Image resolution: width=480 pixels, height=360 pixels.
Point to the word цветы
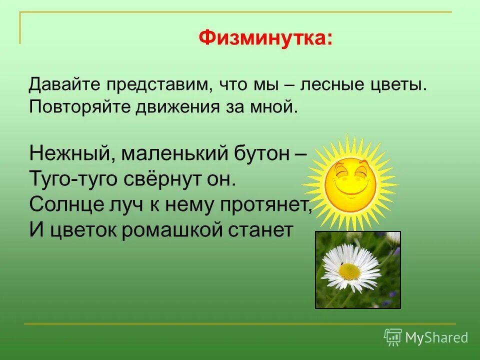click(x=403, y=84)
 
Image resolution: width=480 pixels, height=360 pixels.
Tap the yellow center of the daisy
click(x=349, y=271)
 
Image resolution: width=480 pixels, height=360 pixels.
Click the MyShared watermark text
click(x=436, y=337)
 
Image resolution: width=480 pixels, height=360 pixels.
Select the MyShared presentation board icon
click(x=393, y=337)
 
